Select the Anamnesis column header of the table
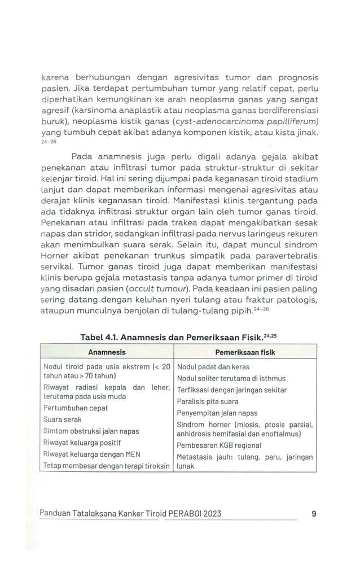pos(107,352)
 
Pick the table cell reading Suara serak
pos(62,419)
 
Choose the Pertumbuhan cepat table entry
pos(75,408)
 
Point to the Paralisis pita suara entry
pos(207,401)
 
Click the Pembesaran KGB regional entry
pos(218,445)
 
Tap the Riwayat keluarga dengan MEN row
pos(91,454)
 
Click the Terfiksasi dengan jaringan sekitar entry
pos(231,390)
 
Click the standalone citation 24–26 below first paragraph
pos(49,142)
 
